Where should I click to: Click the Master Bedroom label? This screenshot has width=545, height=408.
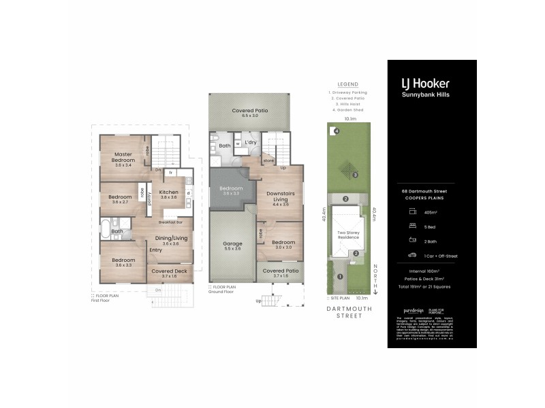click(x=123, y=158)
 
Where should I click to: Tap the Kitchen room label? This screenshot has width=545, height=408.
click(x=168, y=194)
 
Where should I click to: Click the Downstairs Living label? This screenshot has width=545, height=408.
click(x=281, y=196)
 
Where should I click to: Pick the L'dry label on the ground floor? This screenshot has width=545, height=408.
click(x=250, y=142)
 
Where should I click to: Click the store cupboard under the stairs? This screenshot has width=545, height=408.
click(x=269, y=161)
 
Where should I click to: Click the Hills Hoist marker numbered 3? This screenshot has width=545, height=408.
click(x=355, y=175)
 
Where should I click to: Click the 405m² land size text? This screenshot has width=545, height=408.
click(x=431, y=211)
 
